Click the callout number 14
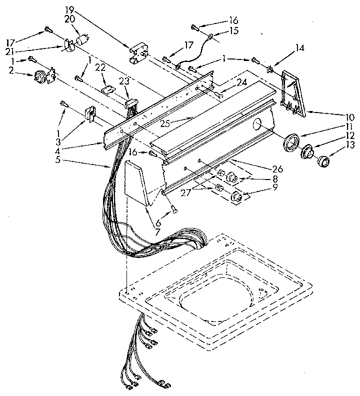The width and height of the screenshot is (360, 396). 299,48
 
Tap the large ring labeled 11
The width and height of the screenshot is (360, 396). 290,143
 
